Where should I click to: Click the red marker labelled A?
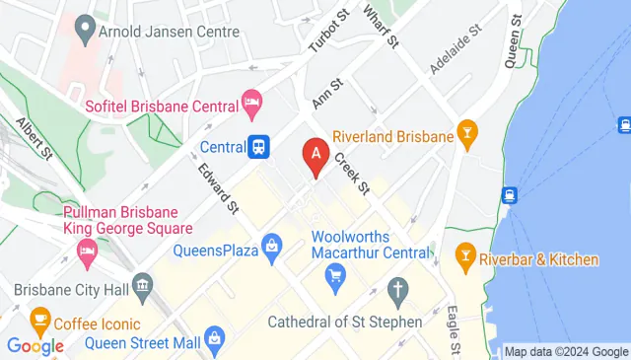(x=315, y=156)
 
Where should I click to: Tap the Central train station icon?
(x=259, y=147)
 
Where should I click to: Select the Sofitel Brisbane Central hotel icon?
(x=251, y=103)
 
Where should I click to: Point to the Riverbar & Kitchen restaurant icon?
(x=464, y=258)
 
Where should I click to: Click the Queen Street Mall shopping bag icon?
(x=216, y=343)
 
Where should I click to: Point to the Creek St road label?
(x=350, y=173)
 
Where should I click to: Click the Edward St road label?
(x=219, y=188)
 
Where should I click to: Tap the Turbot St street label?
(x=328, y=36)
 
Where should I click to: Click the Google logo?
(x=35, y=345)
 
